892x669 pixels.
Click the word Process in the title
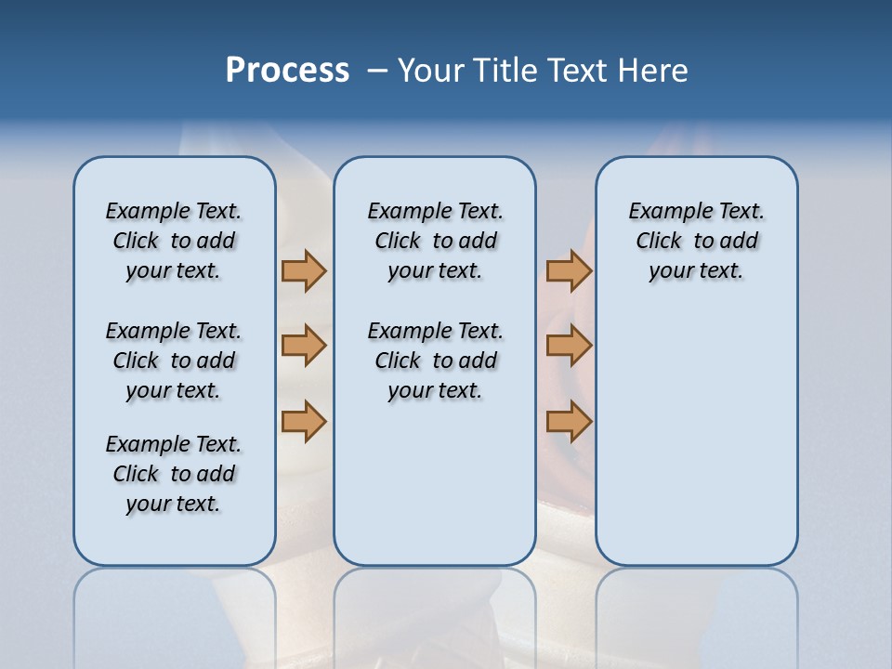coord(287,71)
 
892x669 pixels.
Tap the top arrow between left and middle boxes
coord(304,270)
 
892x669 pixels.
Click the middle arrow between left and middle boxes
coord(304,346)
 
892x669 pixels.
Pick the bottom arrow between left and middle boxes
coord(304,422)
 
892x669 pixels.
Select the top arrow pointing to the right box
coord(569,270)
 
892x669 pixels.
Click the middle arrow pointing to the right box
coord(569,346)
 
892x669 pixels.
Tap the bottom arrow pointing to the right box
coord(569,422)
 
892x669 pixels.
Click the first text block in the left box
coord(174,241)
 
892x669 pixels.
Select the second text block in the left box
coord(174,361)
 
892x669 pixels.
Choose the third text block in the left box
coord(174,474)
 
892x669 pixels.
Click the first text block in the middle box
coord(435,241)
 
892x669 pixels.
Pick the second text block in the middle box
coord(435,361)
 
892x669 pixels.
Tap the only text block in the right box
coord(696,241)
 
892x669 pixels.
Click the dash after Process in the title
coord(377,71)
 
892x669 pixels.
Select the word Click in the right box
coord(659,242)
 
